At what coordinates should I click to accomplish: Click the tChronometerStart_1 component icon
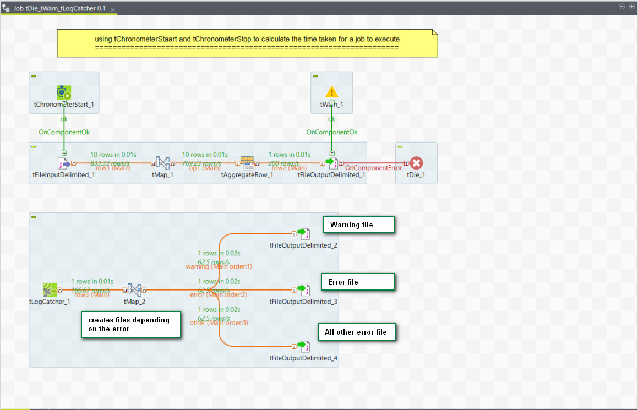[64, 92]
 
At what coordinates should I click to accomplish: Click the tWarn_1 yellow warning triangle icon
[331, 92]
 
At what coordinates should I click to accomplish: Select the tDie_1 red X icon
[416, 163]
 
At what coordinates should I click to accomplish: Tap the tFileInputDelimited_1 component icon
[64, 163]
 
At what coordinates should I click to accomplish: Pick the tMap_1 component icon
[162, 163]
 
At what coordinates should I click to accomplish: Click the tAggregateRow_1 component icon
[247, 162]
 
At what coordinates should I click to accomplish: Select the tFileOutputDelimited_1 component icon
[331, 163]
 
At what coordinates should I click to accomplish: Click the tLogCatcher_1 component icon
[50, 289]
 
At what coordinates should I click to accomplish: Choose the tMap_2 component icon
[135, 289]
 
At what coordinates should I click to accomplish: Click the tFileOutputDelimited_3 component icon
[303, 289]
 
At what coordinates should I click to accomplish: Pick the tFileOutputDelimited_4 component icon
[303, 346]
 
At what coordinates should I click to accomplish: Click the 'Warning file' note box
[358, 225]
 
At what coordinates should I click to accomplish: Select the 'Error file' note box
[358, 282]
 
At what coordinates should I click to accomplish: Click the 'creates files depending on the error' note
[131, 325]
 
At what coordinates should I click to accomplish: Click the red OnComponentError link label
[373, 168]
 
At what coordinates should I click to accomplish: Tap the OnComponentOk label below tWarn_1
[332, 132]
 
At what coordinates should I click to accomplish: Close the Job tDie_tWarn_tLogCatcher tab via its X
[113, 10]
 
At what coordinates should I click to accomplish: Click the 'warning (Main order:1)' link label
[219, 266]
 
